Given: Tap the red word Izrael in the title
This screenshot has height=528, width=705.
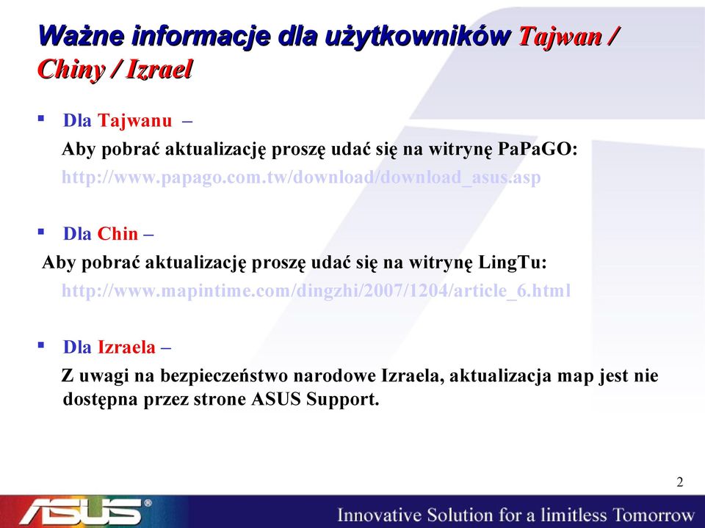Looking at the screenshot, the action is pyautogui.click(x=159, y=69).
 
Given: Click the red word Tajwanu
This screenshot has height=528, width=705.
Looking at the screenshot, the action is pyautogui.click(x=135, y=120).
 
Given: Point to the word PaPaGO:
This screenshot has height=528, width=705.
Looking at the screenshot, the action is pyautogui.click(x=538, y=149).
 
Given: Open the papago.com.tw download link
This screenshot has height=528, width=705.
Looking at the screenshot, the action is pyautogui.click(x=301, y=177).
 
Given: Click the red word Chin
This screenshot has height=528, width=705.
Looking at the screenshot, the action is pyautogui.click(x=117, y=233).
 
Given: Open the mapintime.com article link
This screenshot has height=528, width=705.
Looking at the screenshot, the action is pyautogui.click(x=316, y=290).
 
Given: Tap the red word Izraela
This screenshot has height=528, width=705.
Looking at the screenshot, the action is pyautogui.click(x=126, y=347).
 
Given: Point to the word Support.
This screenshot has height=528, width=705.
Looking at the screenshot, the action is pyautogui.click(x=343, y=399).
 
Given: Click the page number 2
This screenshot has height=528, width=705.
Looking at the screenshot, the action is pyautogui.click(x=680, y=482).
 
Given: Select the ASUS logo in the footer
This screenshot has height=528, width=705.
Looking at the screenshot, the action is pyautogui.click(x=85, y=511).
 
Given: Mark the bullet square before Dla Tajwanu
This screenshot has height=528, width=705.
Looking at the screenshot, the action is pyautogui.click(x=41, y=119).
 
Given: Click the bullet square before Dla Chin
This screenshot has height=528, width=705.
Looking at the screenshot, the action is pyautogui.click(x=41, y=232).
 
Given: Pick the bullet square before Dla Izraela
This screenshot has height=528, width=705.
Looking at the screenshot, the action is pyautogui.click(x=41, y=345).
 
